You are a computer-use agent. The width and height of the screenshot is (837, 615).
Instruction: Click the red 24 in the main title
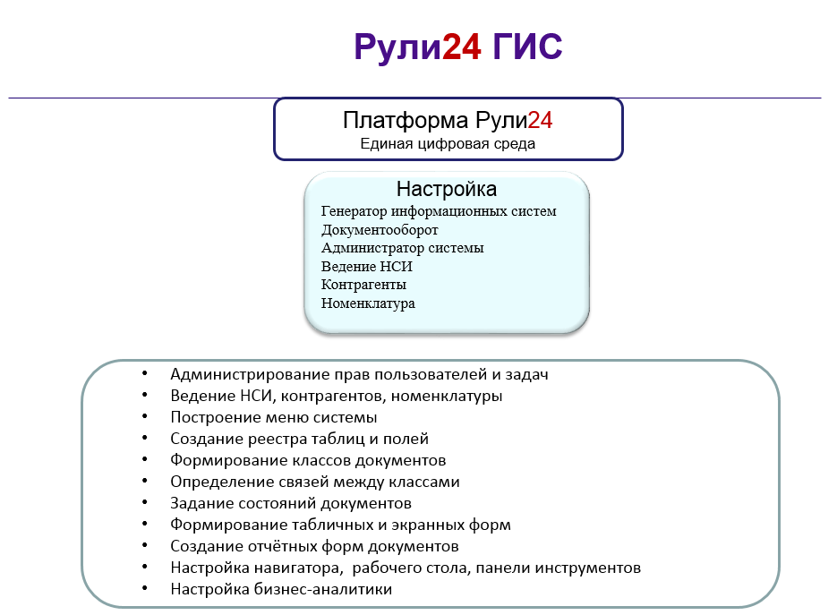coord(462,47)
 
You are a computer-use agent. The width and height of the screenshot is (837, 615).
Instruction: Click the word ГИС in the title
coord(527,47)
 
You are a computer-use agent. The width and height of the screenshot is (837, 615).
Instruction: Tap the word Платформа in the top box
coord(406,121)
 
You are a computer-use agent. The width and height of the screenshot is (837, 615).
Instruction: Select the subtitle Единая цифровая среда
coord(448,144)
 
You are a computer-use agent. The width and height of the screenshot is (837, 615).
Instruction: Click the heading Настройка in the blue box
coord(447,189)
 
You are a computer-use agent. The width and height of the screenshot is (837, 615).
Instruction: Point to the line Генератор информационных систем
coord(439,211)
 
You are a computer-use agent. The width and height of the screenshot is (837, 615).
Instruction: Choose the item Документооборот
coord(380,230)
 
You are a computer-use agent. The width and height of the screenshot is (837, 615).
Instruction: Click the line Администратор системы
coord(403,248)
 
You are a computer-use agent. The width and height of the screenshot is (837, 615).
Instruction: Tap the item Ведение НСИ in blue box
coord(367,267)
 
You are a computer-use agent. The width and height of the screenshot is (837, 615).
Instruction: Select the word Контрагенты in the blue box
coord(363,285)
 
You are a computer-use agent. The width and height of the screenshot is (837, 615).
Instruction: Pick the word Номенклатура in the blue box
coord(368,303)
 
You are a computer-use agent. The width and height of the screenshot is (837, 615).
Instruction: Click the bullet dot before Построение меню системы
coord(145,416)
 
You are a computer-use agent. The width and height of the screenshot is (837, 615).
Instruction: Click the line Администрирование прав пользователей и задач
coord(359,375)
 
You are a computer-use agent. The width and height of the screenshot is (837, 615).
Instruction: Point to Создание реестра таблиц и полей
coord(300,439)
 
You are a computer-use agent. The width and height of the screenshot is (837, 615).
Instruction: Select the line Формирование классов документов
coord(308,460)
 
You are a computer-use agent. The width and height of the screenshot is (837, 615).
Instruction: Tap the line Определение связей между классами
coord(315,483)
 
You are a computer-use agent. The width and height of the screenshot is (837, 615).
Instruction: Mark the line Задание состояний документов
coord(291,503)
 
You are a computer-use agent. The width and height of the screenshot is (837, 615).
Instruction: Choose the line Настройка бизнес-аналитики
coord(281,589)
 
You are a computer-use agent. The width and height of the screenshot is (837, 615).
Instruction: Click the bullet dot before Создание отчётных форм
coord(145,545)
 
